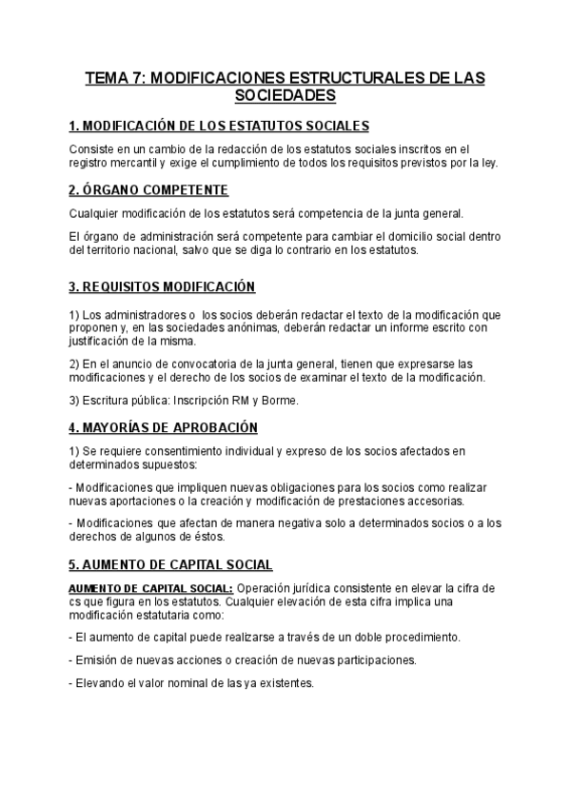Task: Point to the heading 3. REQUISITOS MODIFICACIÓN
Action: coord(163,287)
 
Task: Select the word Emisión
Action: coord(100,659)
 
